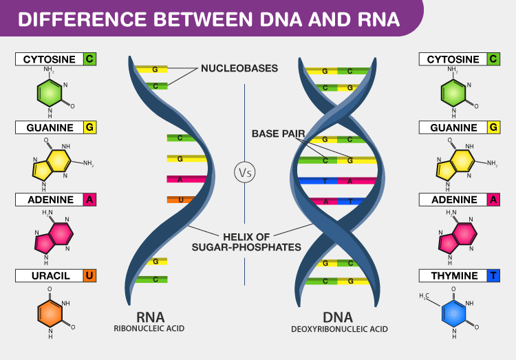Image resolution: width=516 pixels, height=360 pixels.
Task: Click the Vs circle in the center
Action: tap(245, 172)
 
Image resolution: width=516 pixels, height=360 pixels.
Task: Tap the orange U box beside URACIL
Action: tap(89, 276)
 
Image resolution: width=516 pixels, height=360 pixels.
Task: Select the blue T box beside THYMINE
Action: tap(493, 276)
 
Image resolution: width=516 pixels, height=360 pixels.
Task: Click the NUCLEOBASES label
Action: tap(239, 69)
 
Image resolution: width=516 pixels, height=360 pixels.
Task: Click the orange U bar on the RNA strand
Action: tap(180, 200)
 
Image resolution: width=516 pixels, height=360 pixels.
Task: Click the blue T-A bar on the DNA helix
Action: tap(337, 182)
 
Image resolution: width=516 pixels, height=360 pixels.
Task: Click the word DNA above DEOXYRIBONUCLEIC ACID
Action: tap(338, 317)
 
